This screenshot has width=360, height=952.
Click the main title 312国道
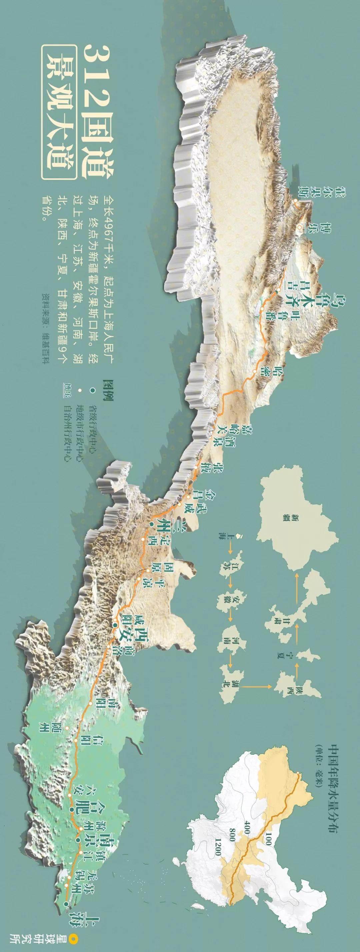(98, 111)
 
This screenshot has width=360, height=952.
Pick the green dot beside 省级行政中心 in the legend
(92, 389)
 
